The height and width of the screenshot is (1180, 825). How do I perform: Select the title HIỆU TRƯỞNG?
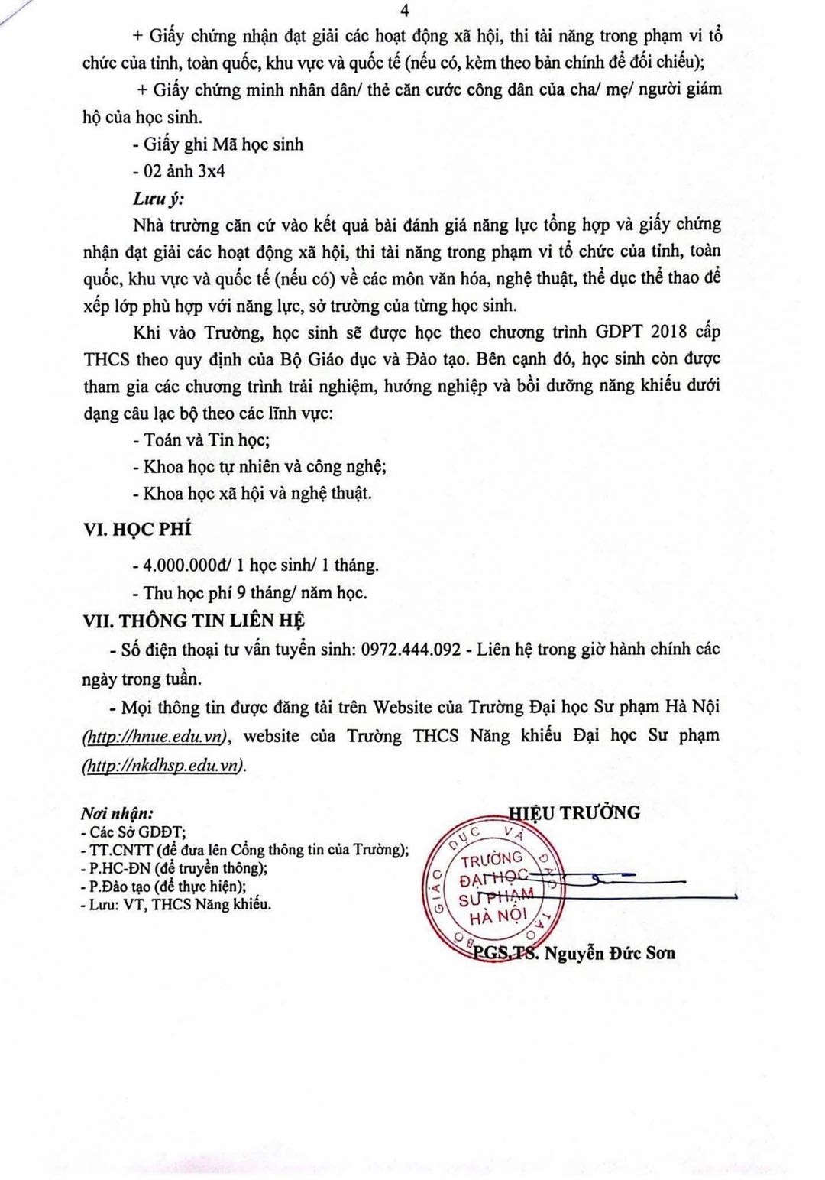[x=574, y=812]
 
